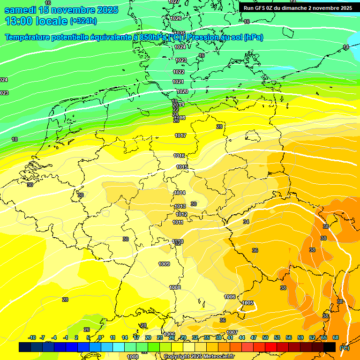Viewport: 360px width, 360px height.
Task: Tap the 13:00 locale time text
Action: [x=36, y=21]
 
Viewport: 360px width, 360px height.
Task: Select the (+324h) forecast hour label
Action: [x=83, y=21]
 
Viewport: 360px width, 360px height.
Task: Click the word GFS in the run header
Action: [x=262, y=8]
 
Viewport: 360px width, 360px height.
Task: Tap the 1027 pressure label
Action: [x=173, y=2]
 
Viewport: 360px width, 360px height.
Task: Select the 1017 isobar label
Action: [x=180, y=135]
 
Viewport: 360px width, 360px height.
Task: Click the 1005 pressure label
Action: [x=248, y=303]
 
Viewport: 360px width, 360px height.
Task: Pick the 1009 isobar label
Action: [x=164, y=264]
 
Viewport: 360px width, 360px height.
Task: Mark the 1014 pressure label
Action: [x=180, y=193]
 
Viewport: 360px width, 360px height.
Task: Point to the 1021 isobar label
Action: [x=178, y=82]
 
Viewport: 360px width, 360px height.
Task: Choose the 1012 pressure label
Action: [x=182, y=214]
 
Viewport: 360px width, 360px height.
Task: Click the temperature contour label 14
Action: [x=346, y=47]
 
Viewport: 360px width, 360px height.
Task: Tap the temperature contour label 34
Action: [x=246, y=222]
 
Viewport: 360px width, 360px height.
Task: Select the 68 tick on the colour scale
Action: [x=336, y=337]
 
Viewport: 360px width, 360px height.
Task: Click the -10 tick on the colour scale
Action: [x=32, y=337]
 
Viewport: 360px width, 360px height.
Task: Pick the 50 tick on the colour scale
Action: [x=265, y=337]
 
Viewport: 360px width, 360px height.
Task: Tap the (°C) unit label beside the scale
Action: [x=344, y=347]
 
